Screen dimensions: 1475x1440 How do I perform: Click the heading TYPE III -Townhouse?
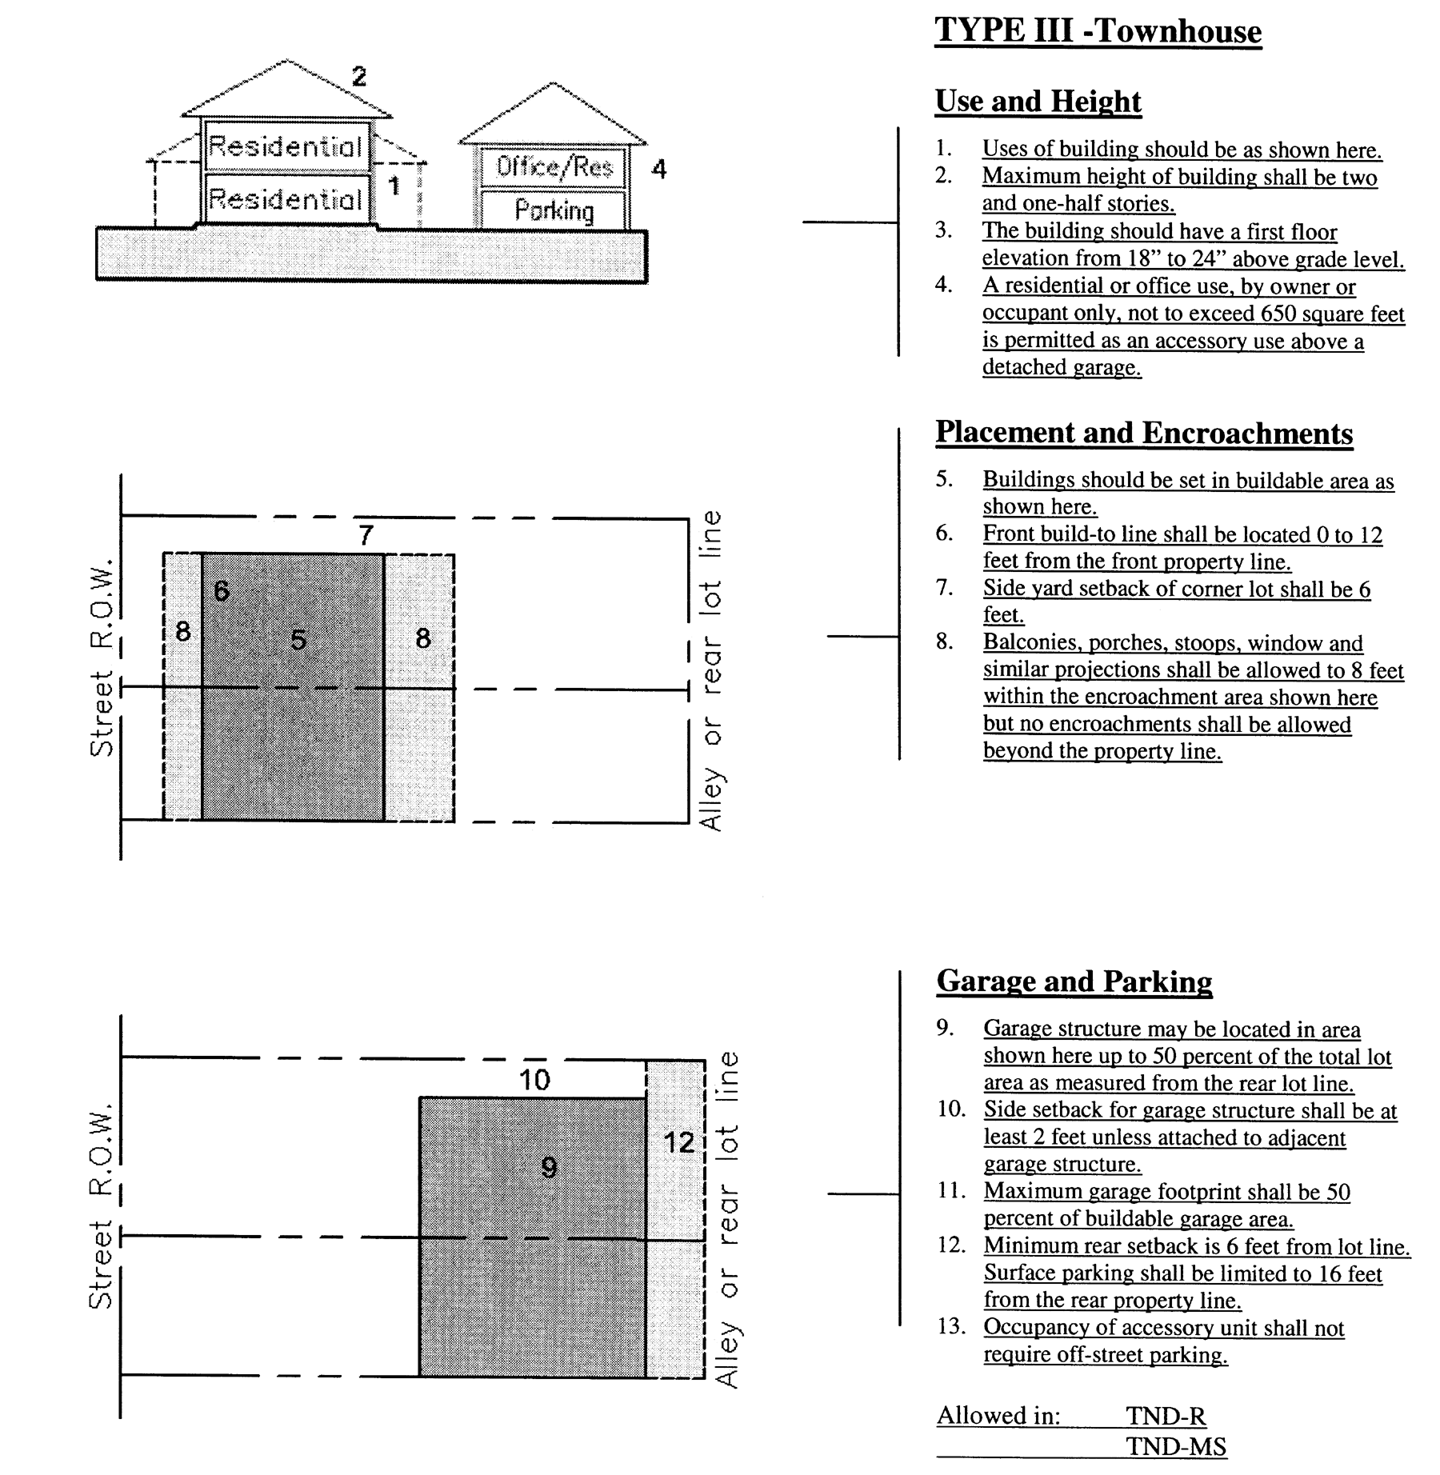click(1098, 31)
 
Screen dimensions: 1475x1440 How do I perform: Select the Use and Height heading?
click(1038, 102)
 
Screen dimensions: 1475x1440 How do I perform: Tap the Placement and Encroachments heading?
click(1144, 433)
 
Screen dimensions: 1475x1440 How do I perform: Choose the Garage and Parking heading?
click(1074, 981)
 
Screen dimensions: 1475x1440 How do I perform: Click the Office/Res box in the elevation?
click(554, 166)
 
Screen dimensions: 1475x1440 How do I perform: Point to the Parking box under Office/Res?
click(554, 210)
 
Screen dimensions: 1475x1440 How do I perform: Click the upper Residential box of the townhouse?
click(286, 146)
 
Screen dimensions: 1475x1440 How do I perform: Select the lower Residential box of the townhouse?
click(286, 198)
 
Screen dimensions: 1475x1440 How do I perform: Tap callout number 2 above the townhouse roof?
click(359, 77)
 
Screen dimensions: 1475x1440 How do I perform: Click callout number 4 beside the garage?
click(659, 169)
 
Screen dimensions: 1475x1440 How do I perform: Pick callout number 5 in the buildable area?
click(298, 639)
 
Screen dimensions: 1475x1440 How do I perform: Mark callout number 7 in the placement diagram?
click(366, 534)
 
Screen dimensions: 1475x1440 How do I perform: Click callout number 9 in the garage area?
click(549, 1167)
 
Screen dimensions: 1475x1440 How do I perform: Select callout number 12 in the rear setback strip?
click(678, 1142)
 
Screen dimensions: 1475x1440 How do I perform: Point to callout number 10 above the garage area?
click(534, 1080)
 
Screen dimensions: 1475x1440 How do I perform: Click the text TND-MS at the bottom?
click(1175, 1446)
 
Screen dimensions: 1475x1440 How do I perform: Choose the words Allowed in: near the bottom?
click(998, 1416)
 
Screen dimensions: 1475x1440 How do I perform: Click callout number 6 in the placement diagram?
click(222, 590)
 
